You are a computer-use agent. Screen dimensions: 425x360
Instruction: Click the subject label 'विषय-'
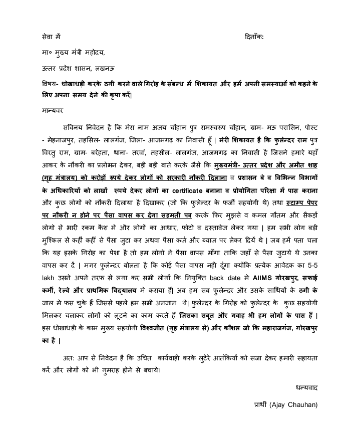(x=50, y=83)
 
